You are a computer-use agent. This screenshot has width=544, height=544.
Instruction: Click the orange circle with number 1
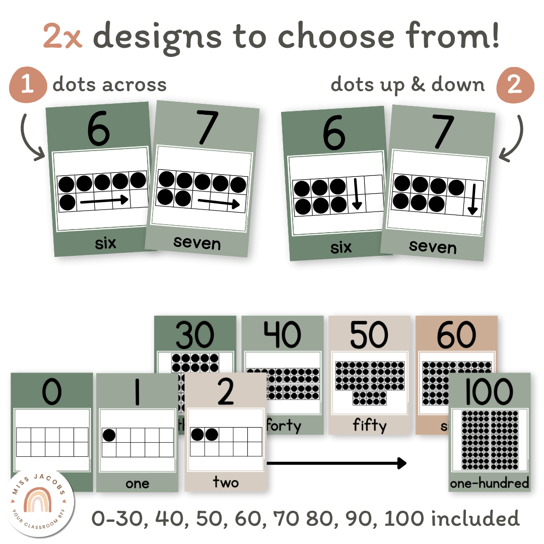point(28,84)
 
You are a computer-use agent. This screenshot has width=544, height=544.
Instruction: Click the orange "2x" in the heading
point(62,36)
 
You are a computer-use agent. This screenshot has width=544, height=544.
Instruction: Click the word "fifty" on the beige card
point(369,426)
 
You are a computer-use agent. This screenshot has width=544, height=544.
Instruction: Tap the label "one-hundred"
point(489,483)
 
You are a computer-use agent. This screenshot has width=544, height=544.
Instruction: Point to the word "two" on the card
point(225,483)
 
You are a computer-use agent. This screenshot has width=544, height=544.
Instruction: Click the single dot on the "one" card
point(109,435)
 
